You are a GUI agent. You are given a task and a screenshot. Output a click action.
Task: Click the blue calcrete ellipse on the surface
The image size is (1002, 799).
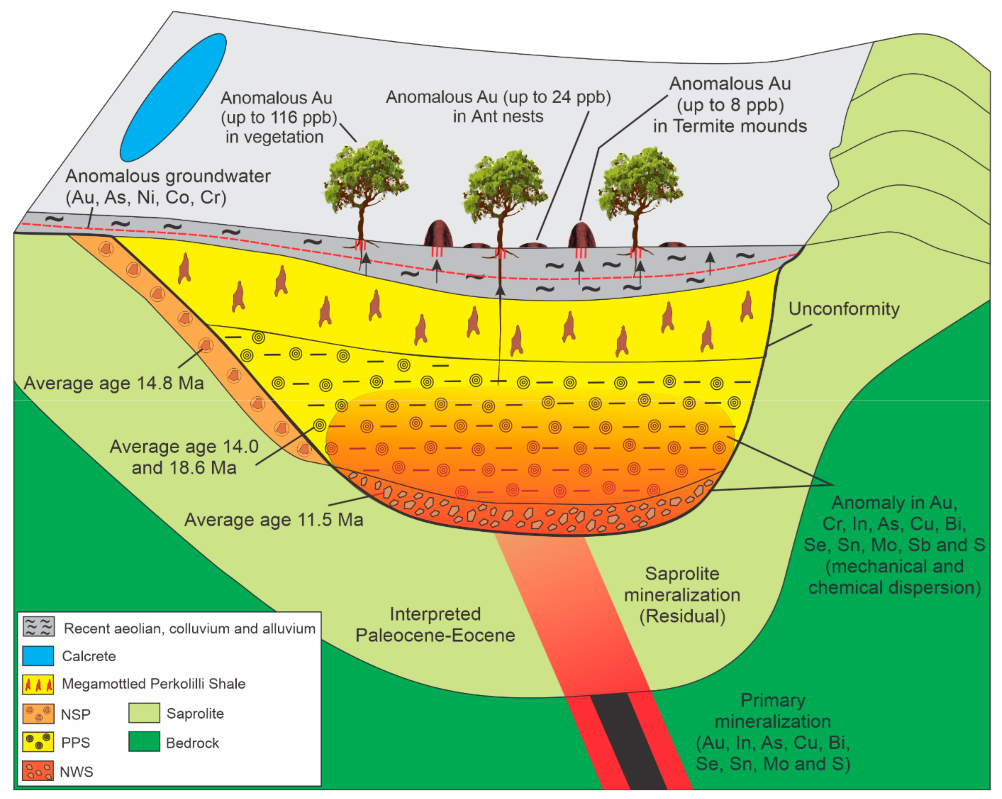click(173, 97)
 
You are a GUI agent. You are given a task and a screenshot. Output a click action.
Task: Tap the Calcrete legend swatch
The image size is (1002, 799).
click(38, 656)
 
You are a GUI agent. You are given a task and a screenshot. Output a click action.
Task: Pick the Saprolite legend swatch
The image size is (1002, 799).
click(144, 713)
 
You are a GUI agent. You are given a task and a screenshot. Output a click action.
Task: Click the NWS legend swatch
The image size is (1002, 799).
click(38, 771)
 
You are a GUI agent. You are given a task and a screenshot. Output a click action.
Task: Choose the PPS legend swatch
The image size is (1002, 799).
click(38, 742)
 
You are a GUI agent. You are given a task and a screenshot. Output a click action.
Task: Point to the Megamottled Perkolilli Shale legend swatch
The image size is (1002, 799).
click(38, 684)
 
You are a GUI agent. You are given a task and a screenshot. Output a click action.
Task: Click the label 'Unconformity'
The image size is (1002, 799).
click(844, 309)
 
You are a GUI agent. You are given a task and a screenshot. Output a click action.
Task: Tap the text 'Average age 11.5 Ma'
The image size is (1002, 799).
click(274, 520)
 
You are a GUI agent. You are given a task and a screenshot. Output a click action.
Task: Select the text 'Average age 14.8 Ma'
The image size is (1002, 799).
click(114, 384)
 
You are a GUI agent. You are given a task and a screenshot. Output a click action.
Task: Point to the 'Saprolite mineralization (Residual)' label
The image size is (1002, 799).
click(682, 595)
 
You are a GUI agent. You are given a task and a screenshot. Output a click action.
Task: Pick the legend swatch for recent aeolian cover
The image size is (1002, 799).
click(38, 627)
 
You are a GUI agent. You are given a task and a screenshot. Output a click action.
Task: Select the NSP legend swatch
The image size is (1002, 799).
click(38, 713)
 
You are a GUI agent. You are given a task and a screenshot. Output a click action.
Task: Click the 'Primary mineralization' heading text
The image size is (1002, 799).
click(773, 711)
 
